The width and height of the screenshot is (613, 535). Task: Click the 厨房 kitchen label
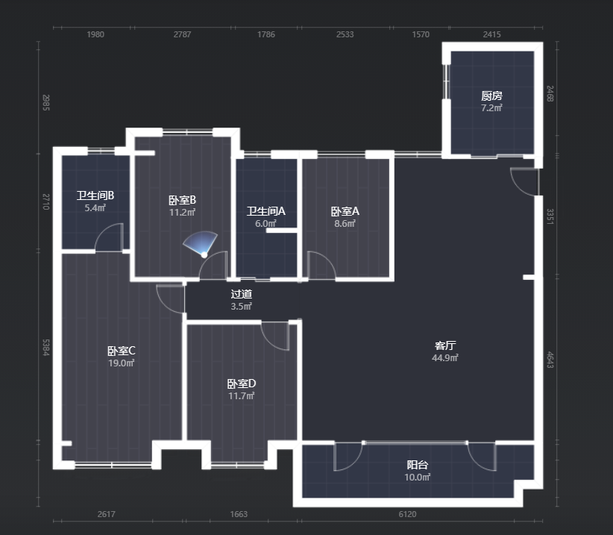pyautogui.click(x=491, y=96)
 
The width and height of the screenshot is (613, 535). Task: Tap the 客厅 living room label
pyautogui.click(x=445, y=345)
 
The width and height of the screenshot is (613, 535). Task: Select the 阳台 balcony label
pyautogui.click(x=417, y=465)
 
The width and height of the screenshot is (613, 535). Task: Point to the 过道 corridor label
pyautogui.click(x=241, y=294)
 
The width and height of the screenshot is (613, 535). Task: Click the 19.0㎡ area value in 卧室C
pyautogui.click(x=122, y=363)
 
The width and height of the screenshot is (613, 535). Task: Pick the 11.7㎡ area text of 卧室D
pyautogui.click(x=241, y=395)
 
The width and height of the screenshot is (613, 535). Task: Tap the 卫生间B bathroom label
pyautogui.click(x=95, y=195)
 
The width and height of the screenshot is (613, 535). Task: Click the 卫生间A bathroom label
pyautogui.click(x=265, y=211)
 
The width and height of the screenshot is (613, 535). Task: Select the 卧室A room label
pyautogui.click(x=345, y=211)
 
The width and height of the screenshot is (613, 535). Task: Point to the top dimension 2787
pyautogui.click(x=182, y=34)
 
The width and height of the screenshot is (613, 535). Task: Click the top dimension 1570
pyautogui.click(x=421, y=34)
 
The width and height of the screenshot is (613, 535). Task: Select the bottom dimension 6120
pyautogui.click(x=407, y=514)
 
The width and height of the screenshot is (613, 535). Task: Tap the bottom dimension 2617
pyautogui.click(x=107, y=514)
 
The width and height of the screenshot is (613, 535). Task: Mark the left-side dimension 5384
pyautogui.click(x=46, y=347)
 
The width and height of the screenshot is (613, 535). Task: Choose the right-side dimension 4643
pyautogui.click(x=550, y=360)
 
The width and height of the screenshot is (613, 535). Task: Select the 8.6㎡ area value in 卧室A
pyautogui.click(x=345, y=223)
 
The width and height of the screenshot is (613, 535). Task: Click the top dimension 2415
pyautogui.click(x=491, y=34)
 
